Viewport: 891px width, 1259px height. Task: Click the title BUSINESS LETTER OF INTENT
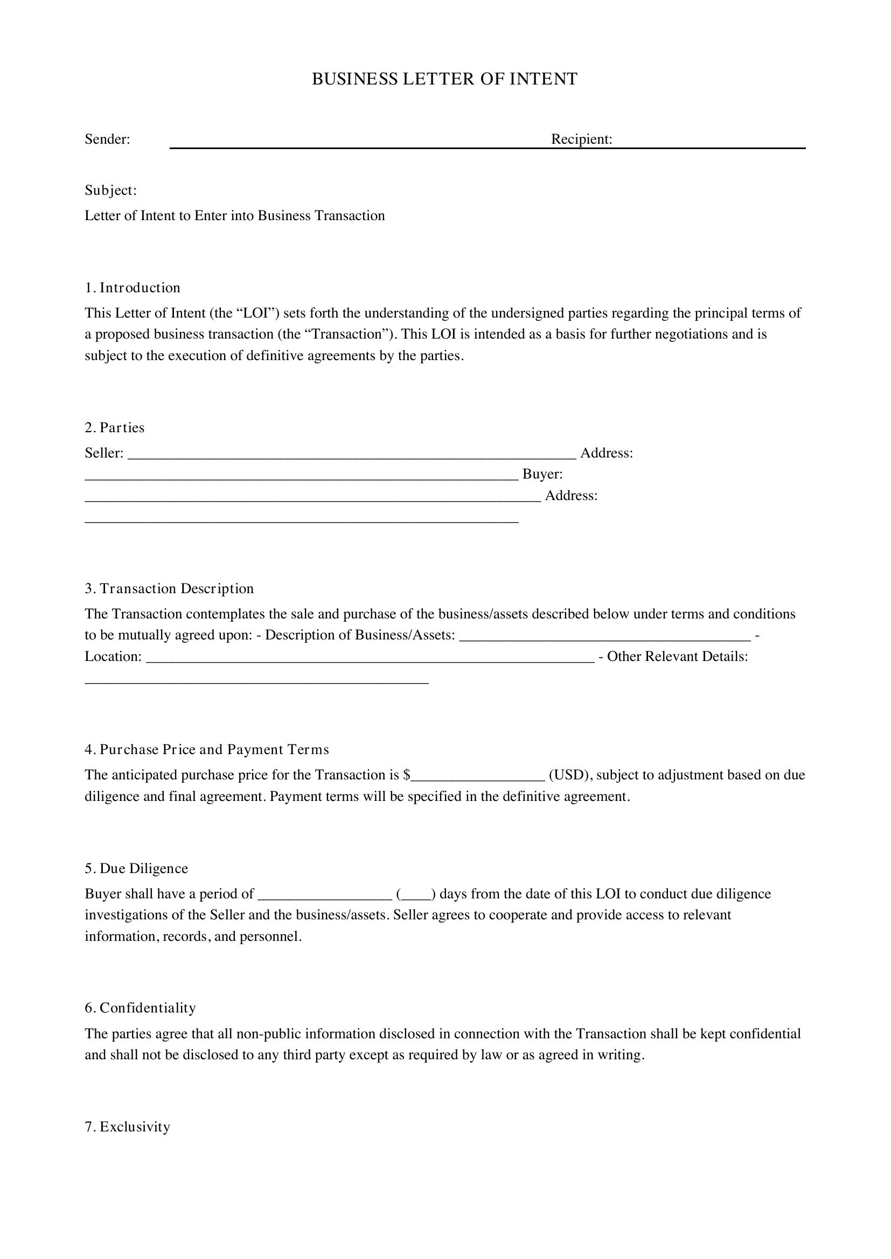[x=444, y=80]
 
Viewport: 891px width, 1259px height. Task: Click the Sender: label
[x=107, y=139]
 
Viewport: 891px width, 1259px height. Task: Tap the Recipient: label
[x=582, y=139]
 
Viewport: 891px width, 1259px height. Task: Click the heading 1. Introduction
[x=132, y=288]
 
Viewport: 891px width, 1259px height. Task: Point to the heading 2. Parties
[x=114, y=428]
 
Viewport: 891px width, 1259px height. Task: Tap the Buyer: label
[x=542, y=474]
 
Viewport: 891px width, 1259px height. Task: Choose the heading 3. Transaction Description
[x=169, y=589]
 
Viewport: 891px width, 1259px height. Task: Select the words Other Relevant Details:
[x=677, y=657]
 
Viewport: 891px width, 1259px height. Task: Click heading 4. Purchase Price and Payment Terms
[x=207, y=750]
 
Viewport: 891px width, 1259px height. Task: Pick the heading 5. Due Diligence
[x=136, y=869]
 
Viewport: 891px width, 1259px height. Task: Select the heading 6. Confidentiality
[x=140, y=1008]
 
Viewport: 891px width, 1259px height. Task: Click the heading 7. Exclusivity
[x=127, y=1127]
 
